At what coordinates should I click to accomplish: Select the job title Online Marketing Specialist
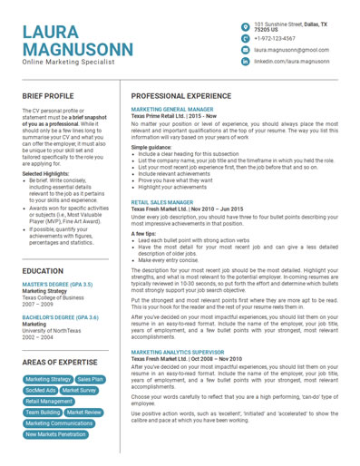click(x=69, y=63)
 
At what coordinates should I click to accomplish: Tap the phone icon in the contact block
click(x=245, y=39)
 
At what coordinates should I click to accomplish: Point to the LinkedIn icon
click(x=245, y=62)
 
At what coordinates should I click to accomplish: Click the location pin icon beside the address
click(x=245, y=27)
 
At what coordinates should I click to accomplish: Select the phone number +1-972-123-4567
click(x=274, y=39)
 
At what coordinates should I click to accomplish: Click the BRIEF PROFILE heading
click(x=48, y=95)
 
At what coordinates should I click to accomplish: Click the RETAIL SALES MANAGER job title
click(x=161, y=203)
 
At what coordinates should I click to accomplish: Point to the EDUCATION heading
click(x=43, y=271)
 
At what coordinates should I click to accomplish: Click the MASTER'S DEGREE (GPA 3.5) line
click(x=60, y=285)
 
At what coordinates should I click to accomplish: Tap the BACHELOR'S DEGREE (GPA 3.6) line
click(x=61, y=317)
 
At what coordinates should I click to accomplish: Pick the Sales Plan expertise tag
click(x=91, y=380)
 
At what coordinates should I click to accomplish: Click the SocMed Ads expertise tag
click(x=40, y=391)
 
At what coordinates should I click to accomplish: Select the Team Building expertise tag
click(x=43, y=413)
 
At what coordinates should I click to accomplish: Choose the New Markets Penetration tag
click(x=56, y=434)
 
